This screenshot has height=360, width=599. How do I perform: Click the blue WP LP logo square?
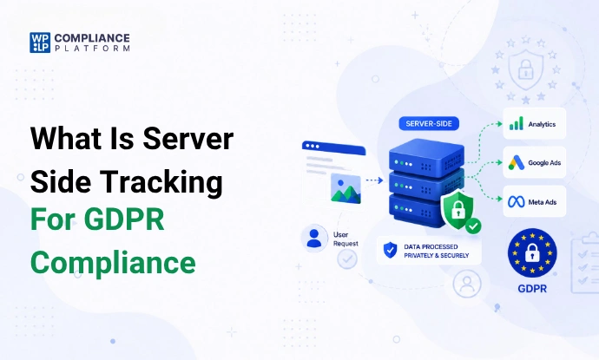tap(40, 43)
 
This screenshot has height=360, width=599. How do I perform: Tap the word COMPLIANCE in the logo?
tap(92, 38)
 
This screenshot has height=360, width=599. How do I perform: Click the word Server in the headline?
tap(188, 138)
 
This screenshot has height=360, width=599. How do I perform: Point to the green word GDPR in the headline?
tap(124, 219)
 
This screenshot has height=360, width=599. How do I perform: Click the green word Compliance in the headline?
tap(113, 263)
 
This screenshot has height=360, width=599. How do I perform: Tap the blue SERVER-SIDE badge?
tap(429, 124)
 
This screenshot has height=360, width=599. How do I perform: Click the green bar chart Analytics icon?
tap(517, 123)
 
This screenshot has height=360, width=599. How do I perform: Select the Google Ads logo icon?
tap(517, 162)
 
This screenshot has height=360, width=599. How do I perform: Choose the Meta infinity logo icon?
tap(517, 201)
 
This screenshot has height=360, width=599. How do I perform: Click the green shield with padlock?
tap(457, 210)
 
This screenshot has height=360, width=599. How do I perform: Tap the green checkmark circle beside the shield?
tap(473, 226)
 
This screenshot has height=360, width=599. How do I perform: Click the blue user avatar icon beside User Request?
tap(314, 239)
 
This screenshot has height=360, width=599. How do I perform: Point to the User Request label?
tap(346, 239)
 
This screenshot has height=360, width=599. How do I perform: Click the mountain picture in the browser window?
tap(346, 188)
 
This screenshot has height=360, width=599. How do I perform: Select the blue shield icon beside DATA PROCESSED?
tap(390, 250)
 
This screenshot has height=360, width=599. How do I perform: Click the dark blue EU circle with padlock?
tap(532, 252)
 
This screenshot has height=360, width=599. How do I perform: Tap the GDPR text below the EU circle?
tap(532, 289)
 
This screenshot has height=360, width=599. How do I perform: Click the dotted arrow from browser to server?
tap(374, 180)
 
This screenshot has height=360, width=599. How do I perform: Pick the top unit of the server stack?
tap(427, 157)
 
